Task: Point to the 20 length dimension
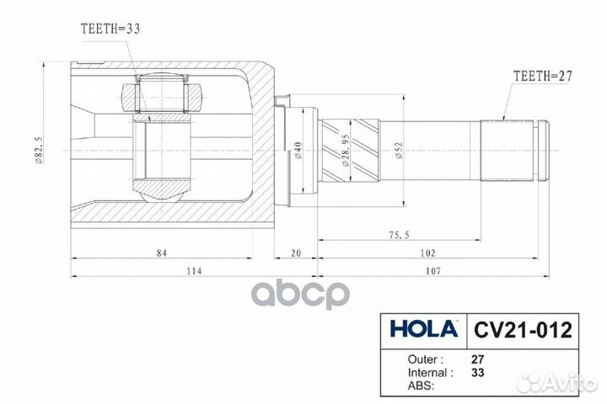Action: coord(296,252)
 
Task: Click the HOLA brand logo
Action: coord(424,327)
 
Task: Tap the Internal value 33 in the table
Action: coord(478,371)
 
